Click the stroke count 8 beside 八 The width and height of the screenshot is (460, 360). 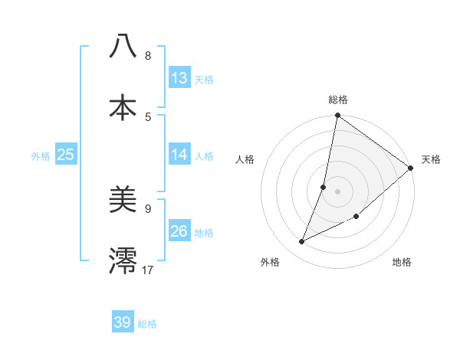pyautogui.click(x=148, y=56)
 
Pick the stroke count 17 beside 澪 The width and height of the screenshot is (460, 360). pyautogui.click(x=148, y=269)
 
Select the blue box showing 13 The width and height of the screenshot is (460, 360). pyautogui.click(x=179, y=78)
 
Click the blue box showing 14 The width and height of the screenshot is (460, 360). pyautogui.click(x=179, y=155)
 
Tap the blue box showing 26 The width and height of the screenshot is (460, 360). pyautogui.click(x=179, y=231)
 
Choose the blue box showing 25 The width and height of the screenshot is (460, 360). pyautogui.click(x=66, y=155)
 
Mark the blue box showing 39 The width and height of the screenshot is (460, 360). pyautogui.click(x=123, y=322)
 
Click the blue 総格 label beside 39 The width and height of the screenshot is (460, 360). pyautogui.click(x=147, y=324)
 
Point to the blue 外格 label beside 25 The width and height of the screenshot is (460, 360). pyautogui.click(x=41, y=156)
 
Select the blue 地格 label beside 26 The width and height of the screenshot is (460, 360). pyautogui.click(x=204, y=233)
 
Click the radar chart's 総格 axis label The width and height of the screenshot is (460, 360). pyautogui.click(x=338, y=100)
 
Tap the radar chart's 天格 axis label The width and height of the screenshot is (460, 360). pyautogui.click(x=431, y=159)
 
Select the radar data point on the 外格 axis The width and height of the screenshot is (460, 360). pyautogui.click(x=302, y=242)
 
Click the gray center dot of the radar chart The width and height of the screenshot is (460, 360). pyautogui.click(x=337, y=191)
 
